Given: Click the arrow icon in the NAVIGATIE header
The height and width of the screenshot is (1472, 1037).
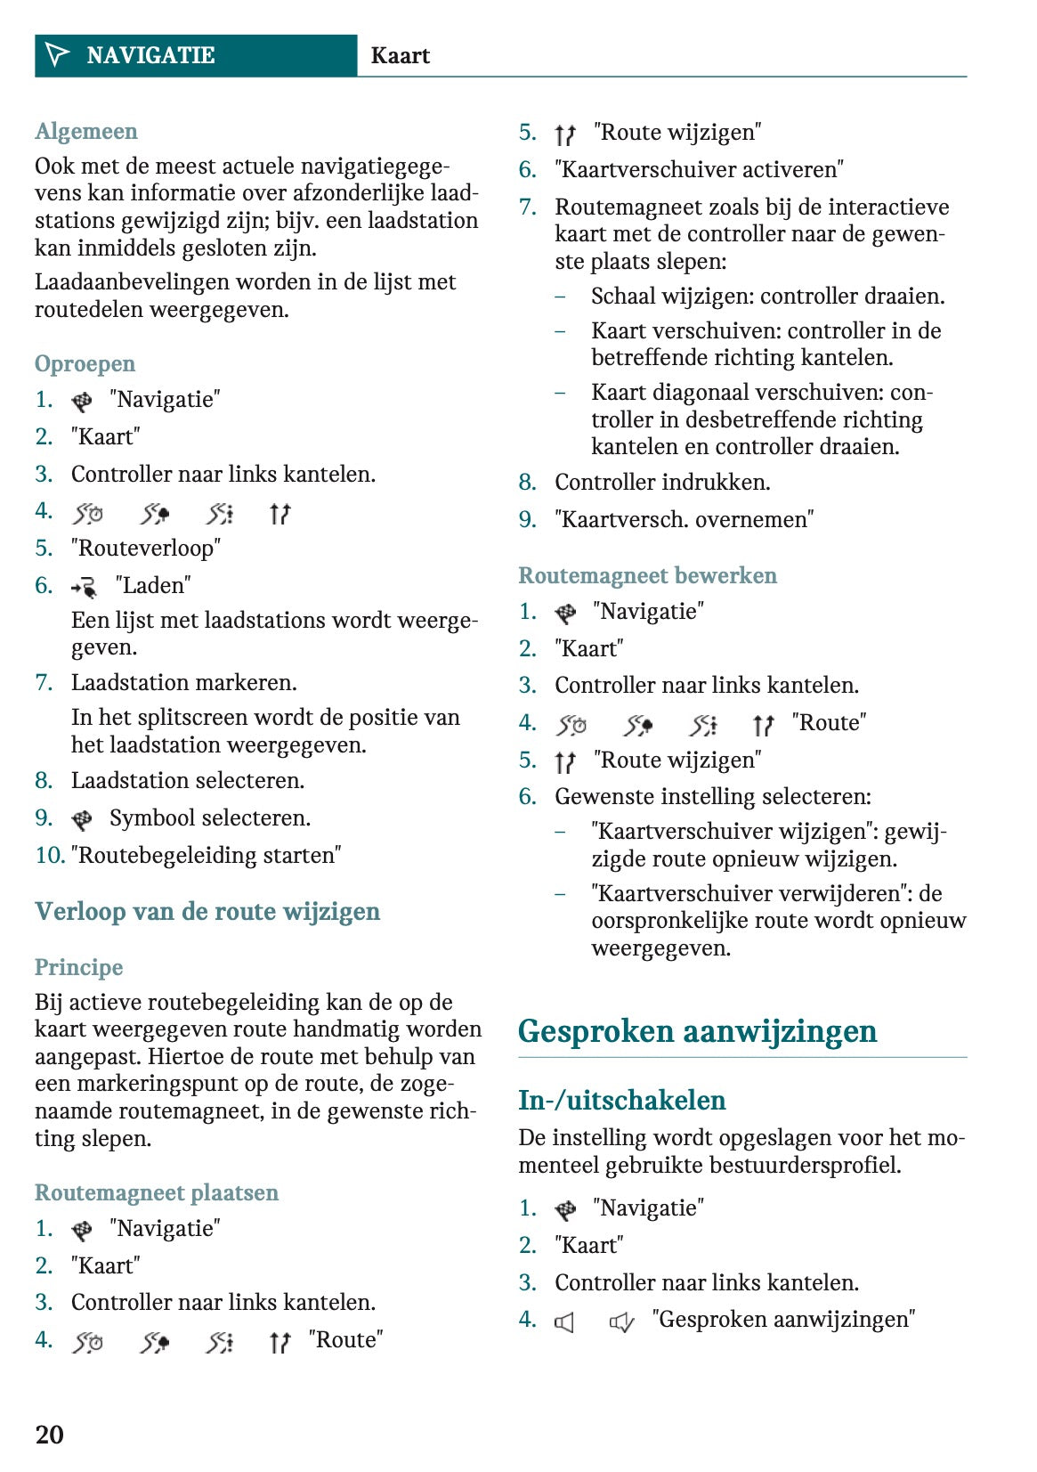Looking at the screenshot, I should coord(57,55).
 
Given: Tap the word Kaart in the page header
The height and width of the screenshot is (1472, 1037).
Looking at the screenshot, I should coord(400,56).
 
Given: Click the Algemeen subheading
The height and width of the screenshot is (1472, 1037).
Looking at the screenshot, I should coord(86,132).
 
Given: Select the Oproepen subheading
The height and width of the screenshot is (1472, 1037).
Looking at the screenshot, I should coord(85,364).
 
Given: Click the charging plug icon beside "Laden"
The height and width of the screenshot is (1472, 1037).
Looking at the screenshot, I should coord(85,587).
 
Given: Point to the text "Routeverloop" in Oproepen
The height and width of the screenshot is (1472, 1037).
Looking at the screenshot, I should coord(146,549).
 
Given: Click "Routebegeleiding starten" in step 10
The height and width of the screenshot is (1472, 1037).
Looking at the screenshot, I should coord(207,856).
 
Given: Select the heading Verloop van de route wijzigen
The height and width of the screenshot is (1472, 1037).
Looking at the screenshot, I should coord(207,912).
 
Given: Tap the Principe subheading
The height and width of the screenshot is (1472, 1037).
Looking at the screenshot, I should coord(79,968).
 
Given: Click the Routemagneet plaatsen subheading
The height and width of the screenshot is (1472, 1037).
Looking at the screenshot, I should coord(157,1193).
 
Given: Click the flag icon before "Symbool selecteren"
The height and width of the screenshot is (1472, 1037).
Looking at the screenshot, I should coord(82,819).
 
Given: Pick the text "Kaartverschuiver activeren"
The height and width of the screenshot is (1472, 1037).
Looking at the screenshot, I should coord(699,170).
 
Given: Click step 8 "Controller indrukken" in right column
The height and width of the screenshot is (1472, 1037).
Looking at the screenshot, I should coord(662,483).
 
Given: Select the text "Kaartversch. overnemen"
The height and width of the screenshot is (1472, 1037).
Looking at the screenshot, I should coord(685,520).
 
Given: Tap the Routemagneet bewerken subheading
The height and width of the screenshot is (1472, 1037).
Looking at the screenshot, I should coord(647,576).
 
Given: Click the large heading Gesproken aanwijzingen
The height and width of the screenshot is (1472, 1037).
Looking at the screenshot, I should coord(697,1032).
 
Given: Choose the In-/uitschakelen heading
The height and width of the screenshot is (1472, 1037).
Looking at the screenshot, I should coord(621,1101).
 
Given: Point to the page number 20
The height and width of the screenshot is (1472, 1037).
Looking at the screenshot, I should coord(50,1435).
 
